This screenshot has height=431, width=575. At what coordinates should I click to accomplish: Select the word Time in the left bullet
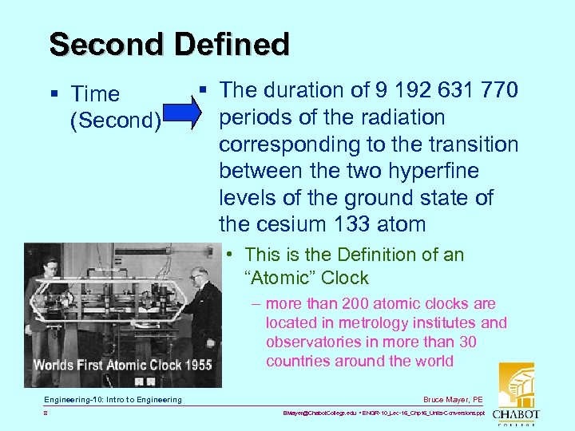pyautogui.click(x=95, y=94)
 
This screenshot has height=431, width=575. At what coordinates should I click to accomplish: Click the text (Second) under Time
pyautogui.click(x=117, y=121)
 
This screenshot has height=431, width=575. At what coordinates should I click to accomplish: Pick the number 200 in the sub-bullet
pyautogui.click(x=357, y=304)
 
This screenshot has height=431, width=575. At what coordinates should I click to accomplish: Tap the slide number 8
pyautogui.click(x=46, y=414)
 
